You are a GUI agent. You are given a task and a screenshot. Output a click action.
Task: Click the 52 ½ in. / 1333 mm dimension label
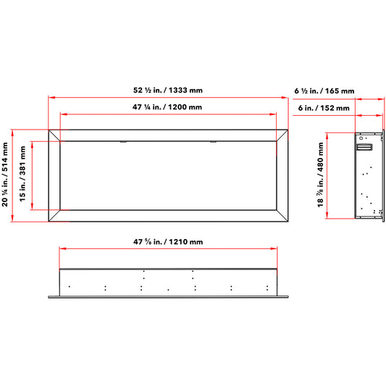[168, 90]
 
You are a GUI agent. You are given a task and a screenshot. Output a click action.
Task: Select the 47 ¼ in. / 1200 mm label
[167, 107]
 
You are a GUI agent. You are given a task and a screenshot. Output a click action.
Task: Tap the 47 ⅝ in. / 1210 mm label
[168, 242]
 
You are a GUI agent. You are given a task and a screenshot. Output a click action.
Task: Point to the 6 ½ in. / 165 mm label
[324, 91]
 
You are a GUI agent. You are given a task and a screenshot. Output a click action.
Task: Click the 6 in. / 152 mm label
[324, 108]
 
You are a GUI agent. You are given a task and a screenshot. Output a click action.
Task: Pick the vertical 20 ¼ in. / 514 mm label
[5, 175]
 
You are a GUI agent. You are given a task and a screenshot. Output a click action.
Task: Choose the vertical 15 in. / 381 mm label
[22, 174]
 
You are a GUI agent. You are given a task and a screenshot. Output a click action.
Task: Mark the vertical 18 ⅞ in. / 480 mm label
[320, 175]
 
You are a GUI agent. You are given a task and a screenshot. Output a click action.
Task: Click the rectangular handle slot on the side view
[364, 147]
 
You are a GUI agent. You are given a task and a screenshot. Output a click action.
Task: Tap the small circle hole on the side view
[361, 138]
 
